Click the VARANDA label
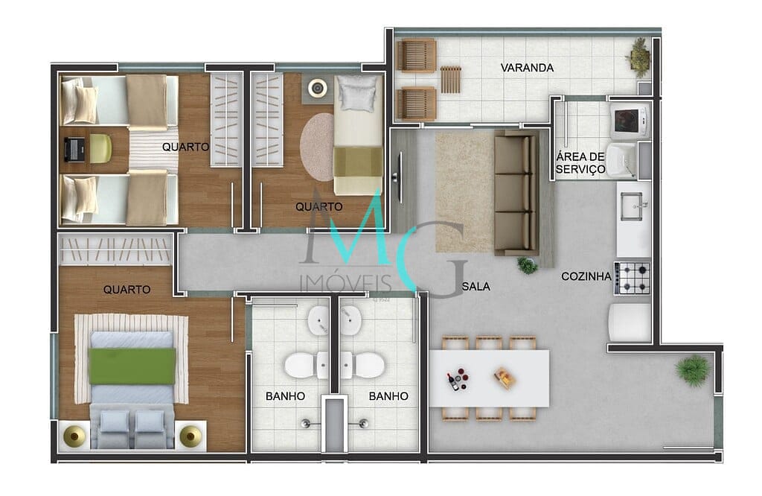coord(527,68)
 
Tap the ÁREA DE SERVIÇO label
coord(580,162)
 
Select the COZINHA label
coord(586,276)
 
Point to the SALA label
coord(476,285)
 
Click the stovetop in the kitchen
coord(633,277)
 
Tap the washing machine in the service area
coord(629,119)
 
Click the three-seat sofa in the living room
coord(516,192)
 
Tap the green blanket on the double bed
coord(132,366)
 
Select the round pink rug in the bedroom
coord(318,146)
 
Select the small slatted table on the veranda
coord(451,79)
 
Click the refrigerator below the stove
coord(630,322)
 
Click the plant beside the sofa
coord(528,265)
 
